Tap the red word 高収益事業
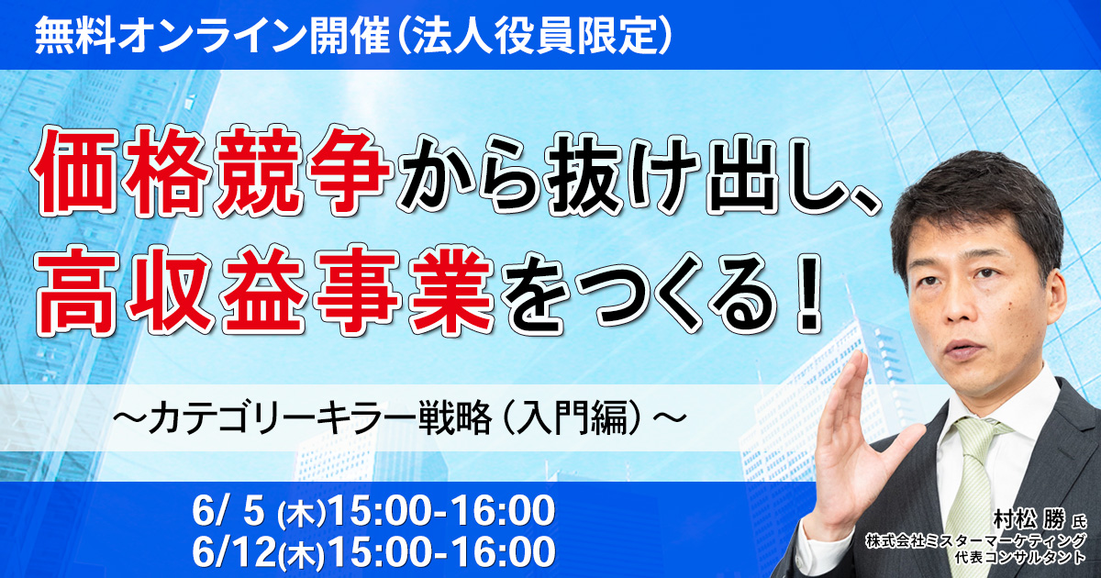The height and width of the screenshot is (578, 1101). (x=265, y=291)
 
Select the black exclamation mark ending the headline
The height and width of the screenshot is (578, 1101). (x=806, y=291)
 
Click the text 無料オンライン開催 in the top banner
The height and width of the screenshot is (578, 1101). (x=212, y=35)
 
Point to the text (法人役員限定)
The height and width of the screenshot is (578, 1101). (x=532, y=35)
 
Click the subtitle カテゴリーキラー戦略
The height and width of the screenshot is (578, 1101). (x=319, y=418)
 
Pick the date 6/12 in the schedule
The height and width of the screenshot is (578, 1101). (x=233, y=552)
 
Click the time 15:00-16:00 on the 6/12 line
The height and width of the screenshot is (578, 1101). (x=442, y=552)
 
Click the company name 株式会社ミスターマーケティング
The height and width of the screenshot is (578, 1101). (x=975, y=540)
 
